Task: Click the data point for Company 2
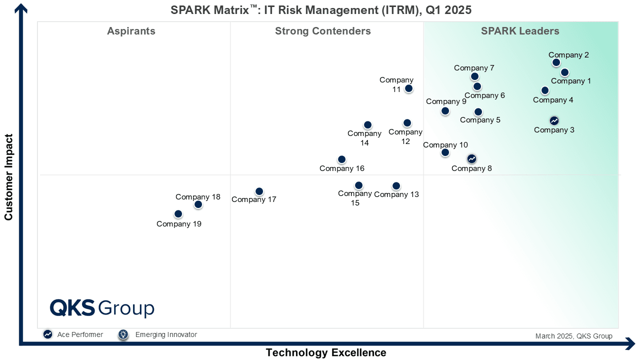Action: point(556,62)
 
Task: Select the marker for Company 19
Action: point(178,214)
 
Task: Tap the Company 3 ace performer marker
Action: point(554,120)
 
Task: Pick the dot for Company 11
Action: point(408,88)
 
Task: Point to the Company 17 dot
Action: point(259,191)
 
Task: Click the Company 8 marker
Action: point(471,158)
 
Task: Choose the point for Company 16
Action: point(341,159)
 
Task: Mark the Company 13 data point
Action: point(396,186)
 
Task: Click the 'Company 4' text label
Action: point(553,100)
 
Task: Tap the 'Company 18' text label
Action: point(198,197)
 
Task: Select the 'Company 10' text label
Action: point(445,145)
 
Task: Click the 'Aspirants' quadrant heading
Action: point(131,31)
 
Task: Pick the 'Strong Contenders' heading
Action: point(323,31)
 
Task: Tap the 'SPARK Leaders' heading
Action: point(520,31)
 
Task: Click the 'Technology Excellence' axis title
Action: point(326,352)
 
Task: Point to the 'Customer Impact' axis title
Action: point(8,177)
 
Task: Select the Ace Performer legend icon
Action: point(48,334)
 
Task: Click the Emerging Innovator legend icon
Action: point(123,334)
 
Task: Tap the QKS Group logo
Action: point(102,308)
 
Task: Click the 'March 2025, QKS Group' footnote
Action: point(573,336)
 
